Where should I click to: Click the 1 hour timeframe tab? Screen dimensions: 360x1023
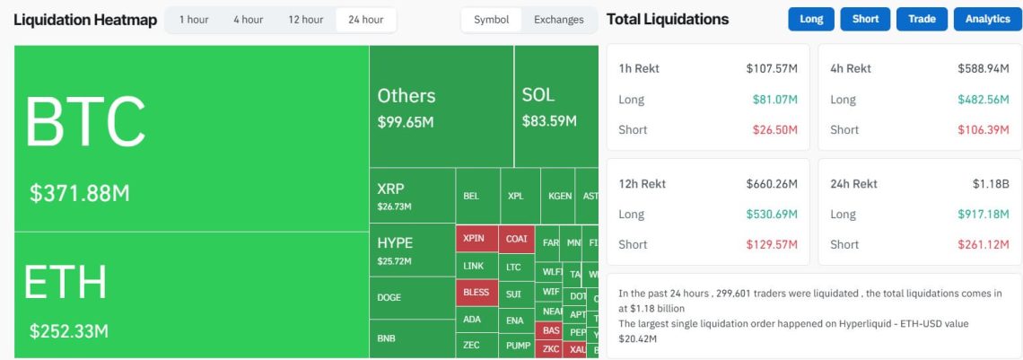coord(194,20)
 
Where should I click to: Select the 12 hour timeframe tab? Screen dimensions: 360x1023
coord(305,20)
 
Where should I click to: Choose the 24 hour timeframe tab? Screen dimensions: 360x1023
coord(365,20)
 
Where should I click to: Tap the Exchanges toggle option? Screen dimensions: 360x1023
coord(558,20)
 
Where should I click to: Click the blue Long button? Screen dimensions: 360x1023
coord(811,19)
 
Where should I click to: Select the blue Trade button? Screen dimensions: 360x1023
coord(922,19)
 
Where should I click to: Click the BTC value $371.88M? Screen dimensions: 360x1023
coord(80,193)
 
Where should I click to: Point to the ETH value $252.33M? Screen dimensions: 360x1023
coord(69,330)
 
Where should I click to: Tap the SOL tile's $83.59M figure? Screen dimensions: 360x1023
coord(549,121)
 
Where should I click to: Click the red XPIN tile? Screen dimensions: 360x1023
coord(474,239)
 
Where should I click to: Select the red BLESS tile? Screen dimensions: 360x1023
coord(477,293)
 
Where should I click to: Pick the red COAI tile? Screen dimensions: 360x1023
coord(516,239)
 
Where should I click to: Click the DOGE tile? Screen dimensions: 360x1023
coord(389,298)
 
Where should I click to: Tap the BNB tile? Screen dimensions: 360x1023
coord(387,338)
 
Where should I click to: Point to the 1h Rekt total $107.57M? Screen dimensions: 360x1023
coord(771,68)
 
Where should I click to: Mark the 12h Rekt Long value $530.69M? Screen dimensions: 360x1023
coord(771,215)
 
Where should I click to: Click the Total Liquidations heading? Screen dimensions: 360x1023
coord(668,19)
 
